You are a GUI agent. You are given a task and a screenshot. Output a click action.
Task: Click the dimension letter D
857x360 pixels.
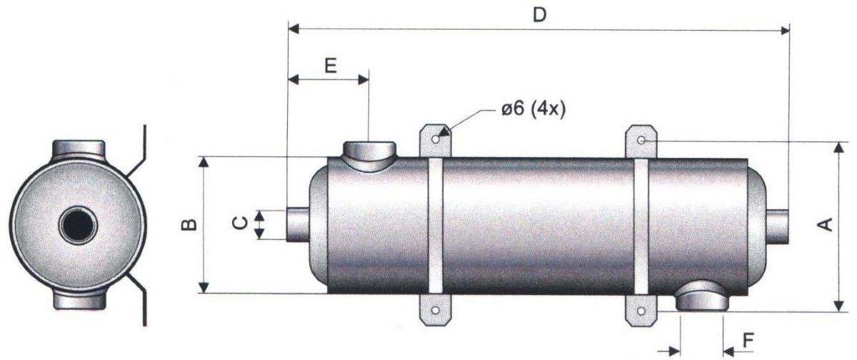(x=540, y=15)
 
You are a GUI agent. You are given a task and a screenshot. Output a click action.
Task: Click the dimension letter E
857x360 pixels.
(x=331, y=66)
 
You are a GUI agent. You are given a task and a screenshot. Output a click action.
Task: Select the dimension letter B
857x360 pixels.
(x=189, y=225)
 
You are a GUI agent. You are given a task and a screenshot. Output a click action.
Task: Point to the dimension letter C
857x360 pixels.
(x=240, y=223)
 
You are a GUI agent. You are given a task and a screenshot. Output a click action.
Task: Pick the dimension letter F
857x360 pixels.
(x=748, y=341)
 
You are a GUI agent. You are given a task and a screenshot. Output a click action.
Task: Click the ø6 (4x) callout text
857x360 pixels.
(x=533, y=110)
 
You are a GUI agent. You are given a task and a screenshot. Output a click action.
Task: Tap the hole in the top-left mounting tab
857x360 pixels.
(x=436, y=139)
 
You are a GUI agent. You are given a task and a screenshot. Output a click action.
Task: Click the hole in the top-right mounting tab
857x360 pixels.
(x=641, y=141)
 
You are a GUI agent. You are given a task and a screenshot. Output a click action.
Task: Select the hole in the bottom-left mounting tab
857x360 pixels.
(x=435, y=310)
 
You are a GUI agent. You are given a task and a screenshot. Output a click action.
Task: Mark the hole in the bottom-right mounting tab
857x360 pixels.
(x=641, y=311)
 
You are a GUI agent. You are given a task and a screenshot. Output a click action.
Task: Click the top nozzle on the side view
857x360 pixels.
(x=369, y=156)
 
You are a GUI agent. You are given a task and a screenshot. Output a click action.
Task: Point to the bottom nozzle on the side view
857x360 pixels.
(x=703, y=296)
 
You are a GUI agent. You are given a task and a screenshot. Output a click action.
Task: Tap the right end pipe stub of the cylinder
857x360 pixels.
(x=777, y=226)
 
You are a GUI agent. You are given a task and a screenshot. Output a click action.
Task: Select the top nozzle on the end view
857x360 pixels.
(x=79, y=149)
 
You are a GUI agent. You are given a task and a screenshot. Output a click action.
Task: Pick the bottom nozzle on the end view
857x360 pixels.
(x=79, y=300)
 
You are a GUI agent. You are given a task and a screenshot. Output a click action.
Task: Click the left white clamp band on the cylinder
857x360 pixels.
(x=436, y=226)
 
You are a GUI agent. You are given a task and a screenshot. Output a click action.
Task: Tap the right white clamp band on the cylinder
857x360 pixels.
(x=641, y=226)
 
